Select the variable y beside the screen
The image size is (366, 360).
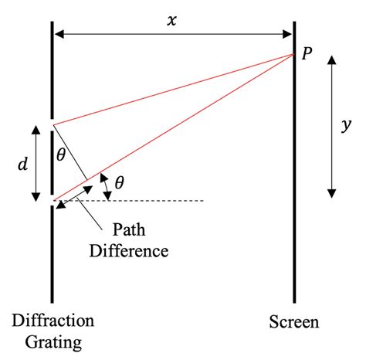coord(346,125)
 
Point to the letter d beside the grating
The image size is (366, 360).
coord(23,164)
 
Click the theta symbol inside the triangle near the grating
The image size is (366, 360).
coord(62,155)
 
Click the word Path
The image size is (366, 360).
coord(129,231)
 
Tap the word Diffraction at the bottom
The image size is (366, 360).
coord(53,320)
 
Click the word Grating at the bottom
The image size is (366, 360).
coord(53,339)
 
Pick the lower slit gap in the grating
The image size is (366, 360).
coord(52,201)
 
